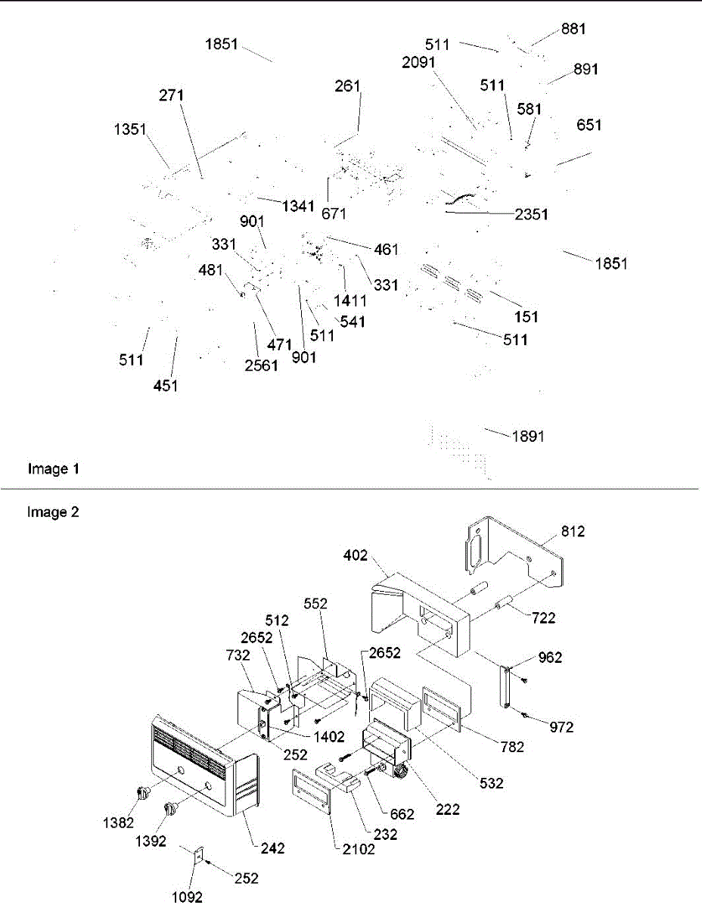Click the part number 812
pos(573,531)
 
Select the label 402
pos(356,555)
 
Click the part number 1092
pos(187,897)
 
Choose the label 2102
pos(359,849)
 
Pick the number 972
pos(561,727)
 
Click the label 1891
pos(528,437)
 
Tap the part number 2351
pos(531,214)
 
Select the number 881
pos(573,29)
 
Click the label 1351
pos(130,129)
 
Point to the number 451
pos(166,386)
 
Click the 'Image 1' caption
pos(54,469)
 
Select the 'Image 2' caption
pos(53,512)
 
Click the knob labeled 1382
pos(143,791)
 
